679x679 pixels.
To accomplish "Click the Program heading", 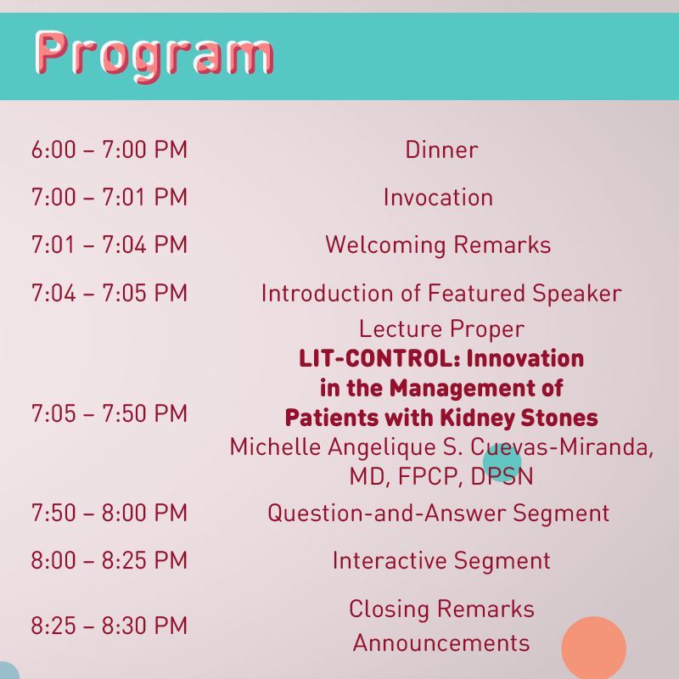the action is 154,56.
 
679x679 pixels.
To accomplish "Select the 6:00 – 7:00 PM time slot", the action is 109,150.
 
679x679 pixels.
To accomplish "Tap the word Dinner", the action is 441,150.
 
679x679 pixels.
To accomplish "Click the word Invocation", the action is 438,198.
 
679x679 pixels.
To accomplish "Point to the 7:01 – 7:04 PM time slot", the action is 109,244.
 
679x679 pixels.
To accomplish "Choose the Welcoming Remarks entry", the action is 438,245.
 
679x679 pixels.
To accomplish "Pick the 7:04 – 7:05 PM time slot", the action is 109,293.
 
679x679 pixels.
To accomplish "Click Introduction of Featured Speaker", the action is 441,294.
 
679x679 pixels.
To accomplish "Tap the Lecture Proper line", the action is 441,329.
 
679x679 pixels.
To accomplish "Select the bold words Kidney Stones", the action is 519,418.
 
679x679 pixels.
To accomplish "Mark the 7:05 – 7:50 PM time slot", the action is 109,413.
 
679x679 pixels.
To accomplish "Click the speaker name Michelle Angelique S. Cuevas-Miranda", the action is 441,447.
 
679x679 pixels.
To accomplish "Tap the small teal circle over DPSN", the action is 502,463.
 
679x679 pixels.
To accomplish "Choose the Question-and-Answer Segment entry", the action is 438,513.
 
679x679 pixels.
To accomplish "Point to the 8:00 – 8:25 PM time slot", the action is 109,560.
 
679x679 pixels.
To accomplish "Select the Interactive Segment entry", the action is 441,561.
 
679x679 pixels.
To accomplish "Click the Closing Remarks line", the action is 441,609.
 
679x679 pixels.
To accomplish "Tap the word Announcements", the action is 441,643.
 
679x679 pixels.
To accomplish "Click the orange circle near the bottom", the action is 593,648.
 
